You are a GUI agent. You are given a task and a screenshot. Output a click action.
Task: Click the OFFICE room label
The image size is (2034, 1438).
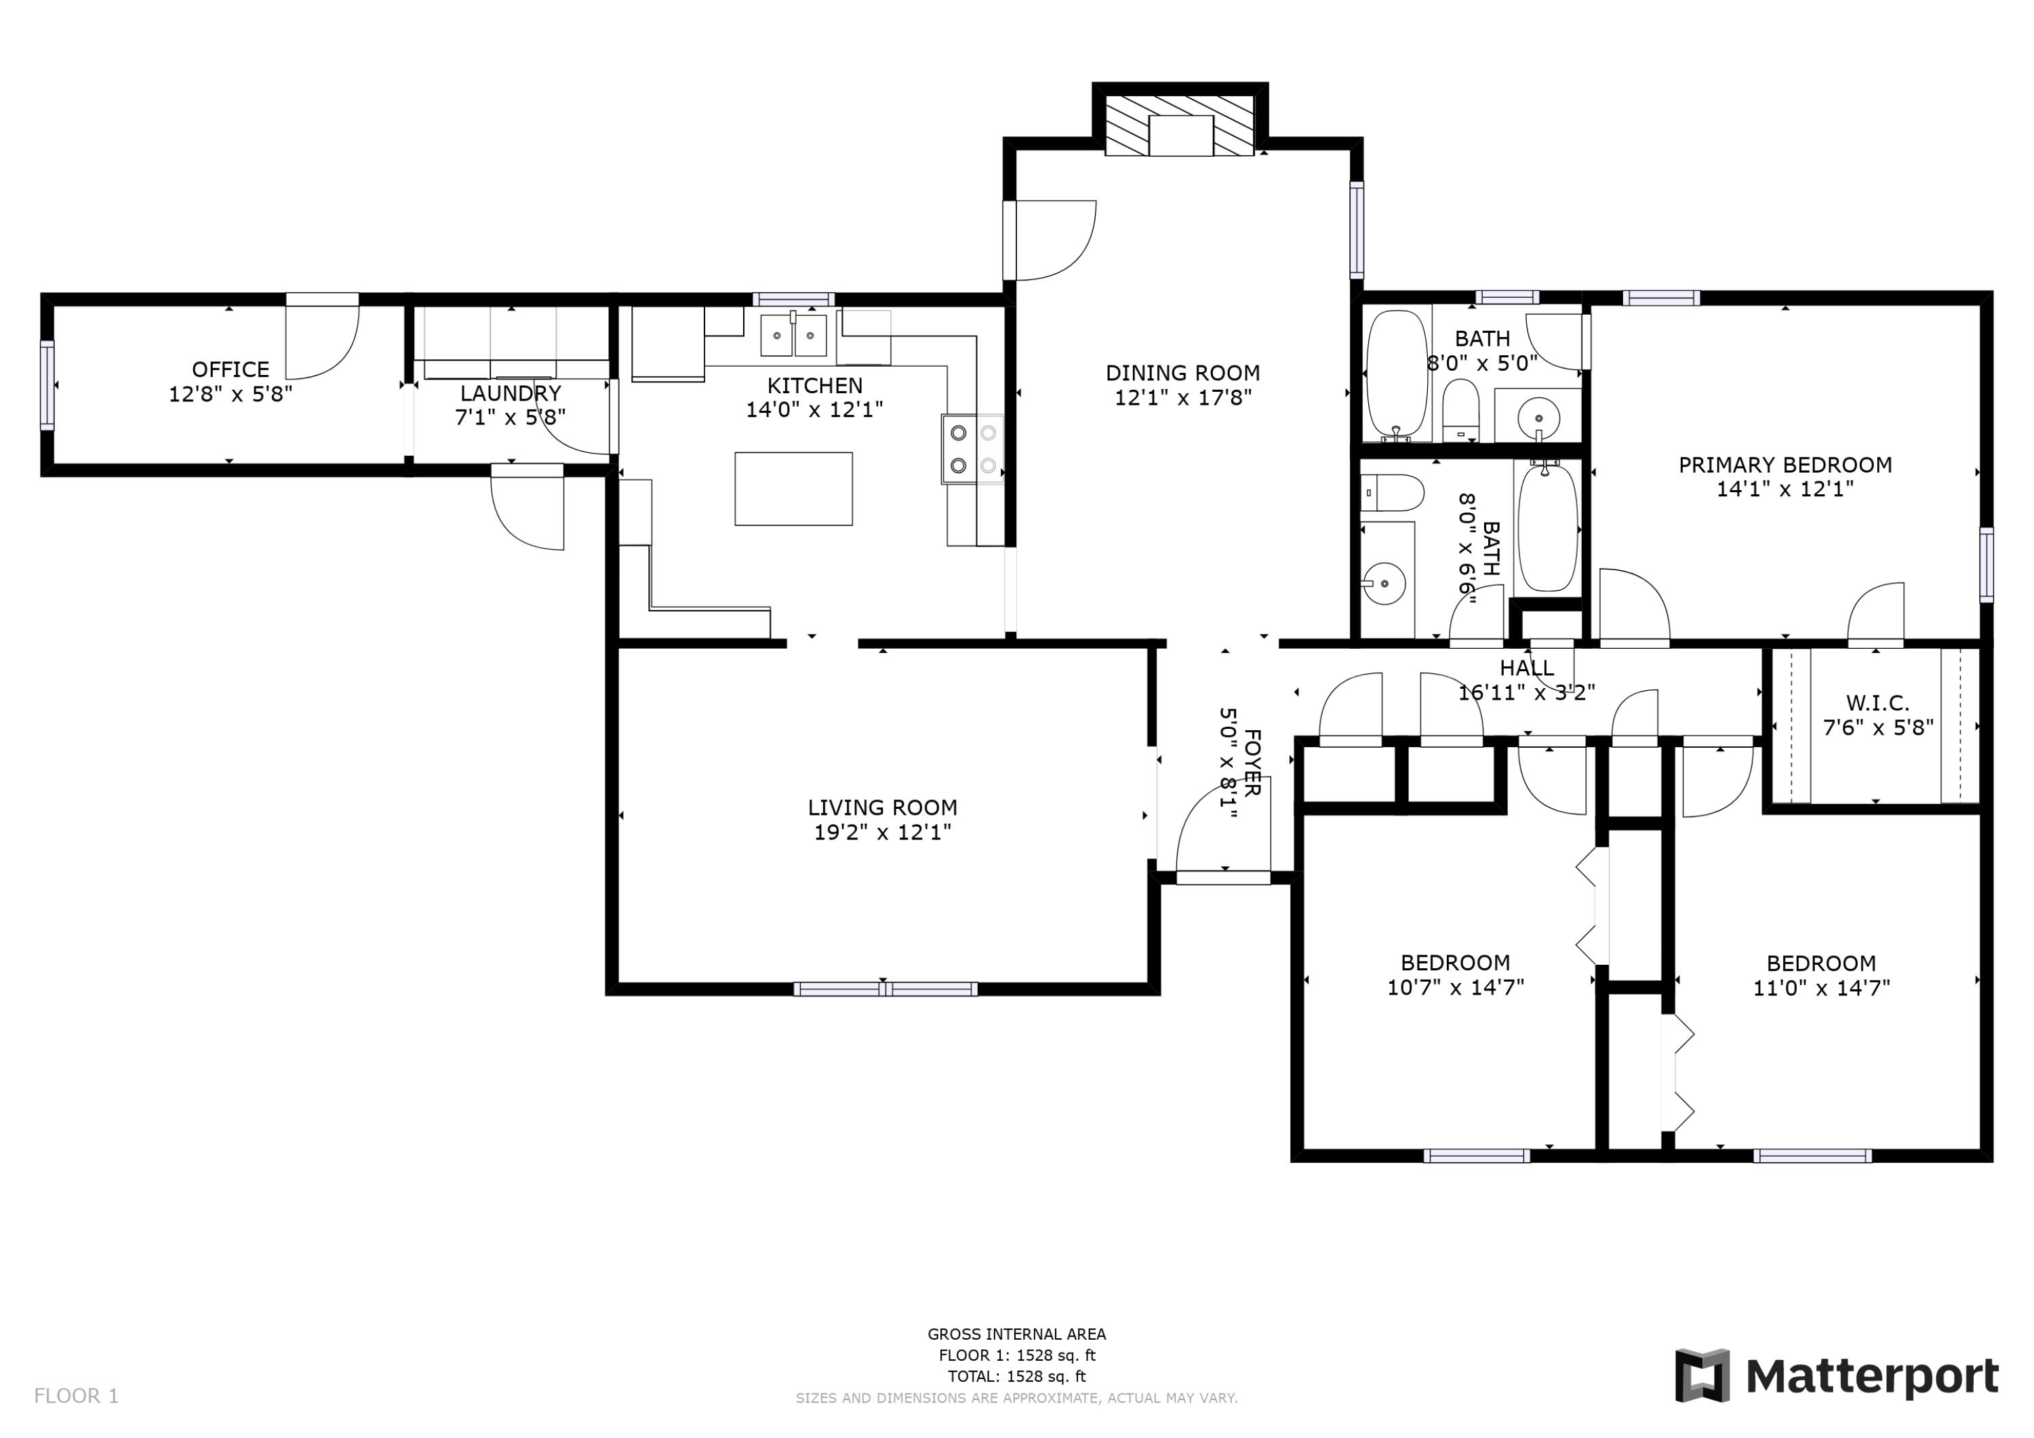pos(231,370)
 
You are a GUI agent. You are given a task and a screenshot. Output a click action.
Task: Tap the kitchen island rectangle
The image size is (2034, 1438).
pos(793,489)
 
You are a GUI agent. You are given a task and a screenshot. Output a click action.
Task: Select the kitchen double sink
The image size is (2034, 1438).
pos(794,336)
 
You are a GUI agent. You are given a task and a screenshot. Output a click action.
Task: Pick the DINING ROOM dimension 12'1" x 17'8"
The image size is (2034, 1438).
pos(1182,398)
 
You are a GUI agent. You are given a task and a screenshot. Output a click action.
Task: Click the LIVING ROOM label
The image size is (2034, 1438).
pos(882,807)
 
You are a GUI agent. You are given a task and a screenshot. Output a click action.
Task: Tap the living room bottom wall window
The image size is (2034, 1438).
pos(885,988)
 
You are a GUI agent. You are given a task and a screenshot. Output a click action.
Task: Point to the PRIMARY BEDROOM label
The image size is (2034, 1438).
pos(1785,465)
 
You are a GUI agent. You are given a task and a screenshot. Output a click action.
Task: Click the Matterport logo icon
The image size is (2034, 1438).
pos(1702,1376)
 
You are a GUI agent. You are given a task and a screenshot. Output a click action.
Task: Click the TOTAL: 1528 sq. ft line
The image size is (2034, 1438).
pos(1016,1377)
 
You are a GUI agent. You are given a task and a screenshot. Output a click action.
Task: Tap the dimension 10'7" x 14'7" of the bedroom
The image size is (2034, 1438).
pos(1454,987)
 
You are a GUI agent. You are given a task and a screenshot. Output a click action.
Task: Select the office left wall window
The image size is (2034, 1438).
pos(47,385)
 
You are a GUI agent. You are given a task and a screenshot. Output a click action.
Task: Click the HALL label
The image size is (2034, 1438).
pos(1526,668)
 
